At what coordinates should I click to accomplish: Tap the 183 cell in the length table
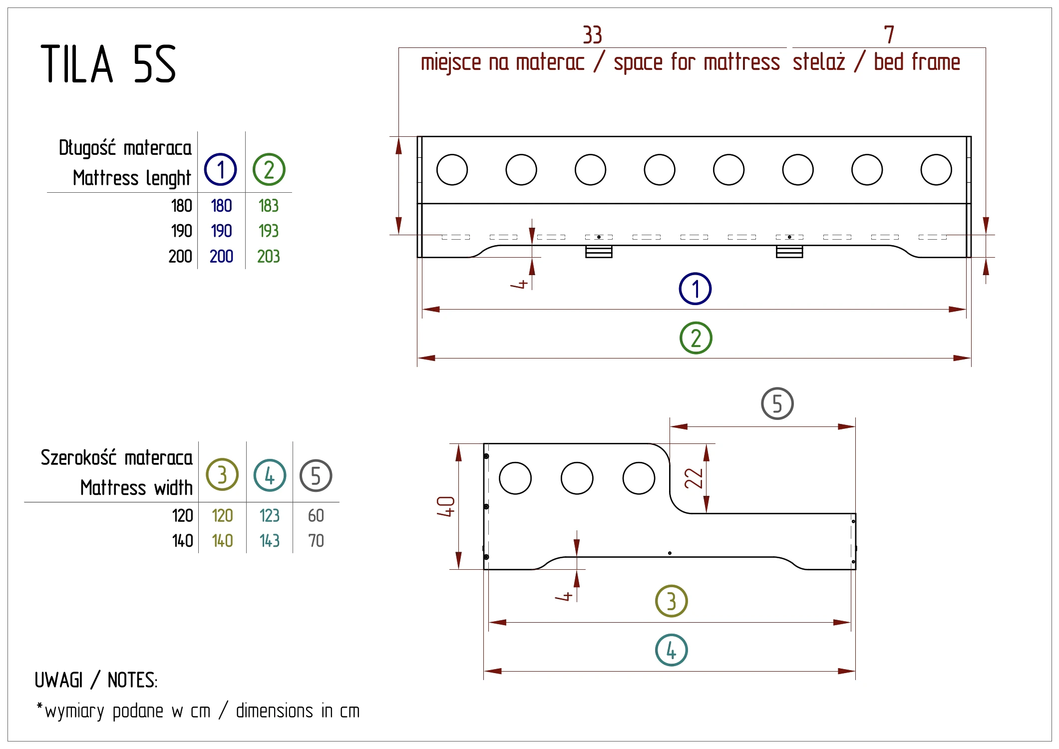[268, 206]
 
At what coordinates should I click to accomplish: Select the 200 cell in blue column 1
[221, 257]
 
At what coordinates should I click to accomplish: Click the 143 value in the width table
[270, 541]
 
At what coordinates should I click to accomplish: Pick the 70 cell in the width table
[316, 541]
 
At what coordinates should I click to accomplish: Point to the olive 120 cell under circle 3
[222, 515]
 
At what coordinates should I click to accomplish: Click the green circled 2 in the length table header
[269, 170]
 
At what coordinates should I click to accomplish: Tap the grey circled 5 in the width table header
[316, 475]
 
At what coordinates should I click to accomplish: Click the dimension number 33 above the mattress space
[592, 35]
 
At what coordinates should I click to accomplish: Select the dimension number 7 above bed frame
[889, 35]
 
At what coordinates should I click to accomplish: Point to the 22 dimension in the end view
[694, 478]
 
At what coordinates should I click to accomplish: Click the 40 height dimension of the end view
[445, 506]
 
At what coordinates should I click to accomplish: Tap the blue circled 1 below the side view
[695, 289]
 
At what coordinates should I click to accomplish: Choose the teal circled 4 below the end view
[671, 650]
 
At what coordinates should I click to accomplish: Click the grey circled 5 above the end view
[777, 403]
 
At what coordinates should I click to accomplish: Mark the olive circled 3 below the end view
[671, 601]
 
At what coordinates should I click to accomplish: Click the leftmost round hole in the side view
[452, 170]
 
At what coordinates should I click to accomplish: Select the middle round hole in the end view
[577, 478]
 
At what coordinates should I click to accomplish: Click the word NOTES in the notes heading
[132, 680]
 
